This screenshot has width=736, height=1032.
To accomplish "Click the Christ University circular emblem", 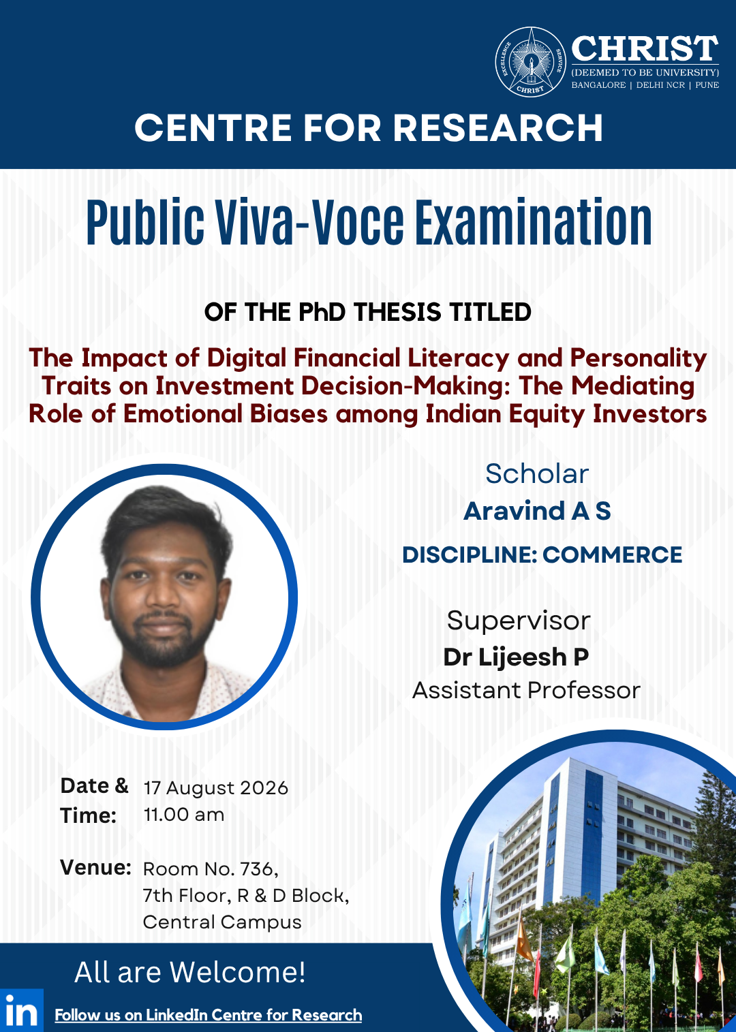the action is click(530, 62).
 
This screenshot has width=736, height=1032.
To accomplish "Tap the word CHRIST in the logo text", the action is click(645, 49).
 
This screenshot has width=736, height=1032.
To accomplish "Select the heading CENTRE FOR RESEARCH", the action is click(369, 127).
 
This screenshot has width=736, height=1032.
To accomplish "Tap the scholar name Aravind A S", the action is click(537, 511).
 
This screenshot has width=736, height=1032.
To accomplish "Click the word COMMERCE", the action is click(613, 554).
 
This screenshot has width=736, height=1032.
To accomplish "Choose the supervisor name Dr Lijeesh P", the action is click(516, 657).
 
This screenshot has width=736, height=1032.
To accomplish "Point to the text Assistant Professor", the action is click(526, 690).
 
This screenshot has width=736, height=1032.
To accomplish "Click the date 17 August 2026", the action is click(215, 788).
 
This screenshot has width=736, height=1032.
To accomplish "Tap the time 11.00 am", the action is click(184, 815).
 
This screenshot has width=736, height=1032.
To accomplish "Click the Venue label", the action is click(96, 868).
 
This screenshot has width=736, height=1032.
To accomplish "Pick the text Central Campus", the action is click(222, 922).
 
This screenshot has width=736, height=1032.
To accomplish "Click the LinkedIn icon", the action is click(22, 1010).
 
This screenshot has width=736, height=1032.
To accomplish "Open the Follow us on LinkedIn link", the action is click(209, 1015).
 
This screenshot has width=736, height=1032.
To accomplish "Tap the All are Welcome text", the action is click(190, 972).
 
